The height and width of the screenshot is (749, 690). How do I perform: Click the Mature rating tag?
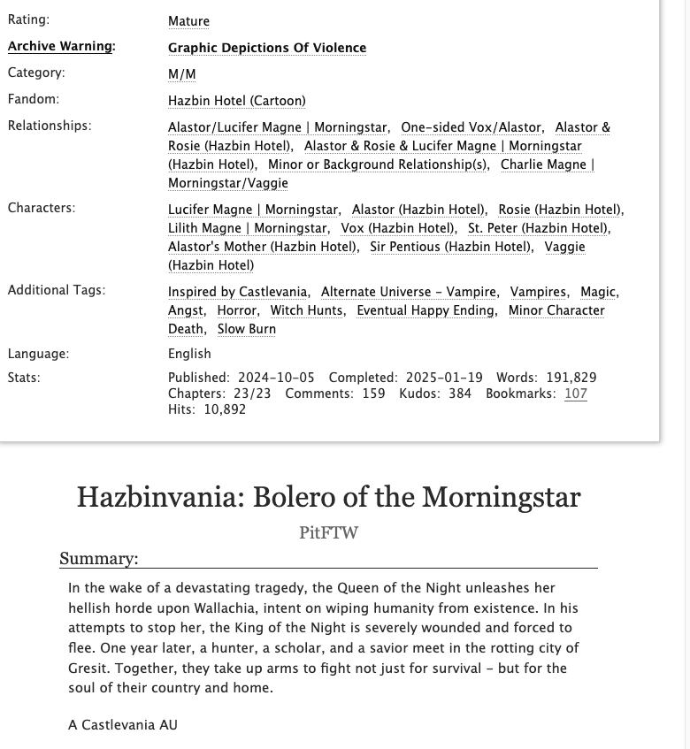188,20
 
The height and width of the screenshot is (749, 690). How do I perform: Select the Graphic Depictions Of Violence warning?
266,48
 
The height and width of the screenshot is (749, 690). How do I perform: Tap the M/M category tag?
181,74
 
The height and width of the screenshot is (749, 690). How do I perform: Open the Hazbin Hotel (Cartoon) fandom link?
236,101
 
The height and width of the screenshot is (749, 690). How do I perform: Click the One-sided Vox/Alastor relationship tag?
471,127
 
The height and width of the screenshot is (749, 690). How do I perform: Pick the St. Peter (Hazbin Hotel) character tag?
537,228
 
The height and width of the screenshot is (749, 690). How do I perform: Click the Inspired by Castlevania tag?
238,292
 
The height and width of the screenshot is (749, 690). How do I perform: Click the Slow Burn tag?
247,329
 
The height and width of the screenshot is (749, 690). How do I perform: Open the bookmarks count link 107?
576,394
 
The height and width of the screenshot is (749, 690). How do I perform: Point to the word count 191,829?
566,378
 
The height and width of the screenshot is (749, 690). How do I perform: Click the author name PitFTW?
328,532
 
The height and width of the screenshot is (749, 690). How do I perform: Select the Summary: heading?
98,559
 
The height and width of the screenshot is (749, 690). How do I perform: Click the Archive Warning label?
61,47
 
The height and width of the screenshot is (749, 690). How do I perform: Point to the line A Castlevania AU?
122,725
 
